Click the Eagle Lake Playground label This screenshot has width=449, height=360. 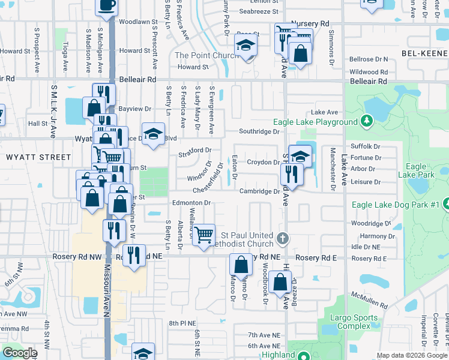pos(315,122)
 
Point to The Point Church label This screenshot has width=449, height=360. pos(203,55)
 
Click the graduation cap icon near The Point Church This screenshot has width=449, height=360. pos(246,45)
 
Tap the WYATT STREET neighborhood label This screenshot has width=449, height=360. pos(38,157)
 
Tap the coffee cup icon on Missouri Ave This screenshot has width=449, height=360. pos(107,5)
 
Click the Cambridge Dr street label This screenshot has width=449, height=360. pos(259,191)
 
